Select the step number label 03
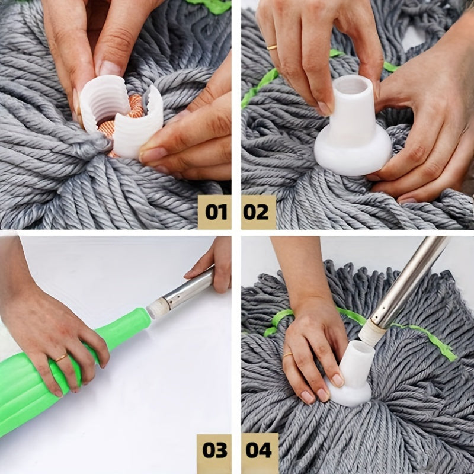pos(214,450)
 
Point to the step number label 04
pos(258,450)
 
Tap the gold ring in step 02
pos(272,46)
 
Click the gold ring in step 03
pos(61,357)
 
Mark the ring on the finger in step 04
pos(287,355)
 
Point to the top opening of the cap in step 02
pos(354,87)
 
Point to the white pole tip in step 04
pos(371,331)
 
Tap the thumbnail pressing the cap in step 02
pos(324,108)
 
